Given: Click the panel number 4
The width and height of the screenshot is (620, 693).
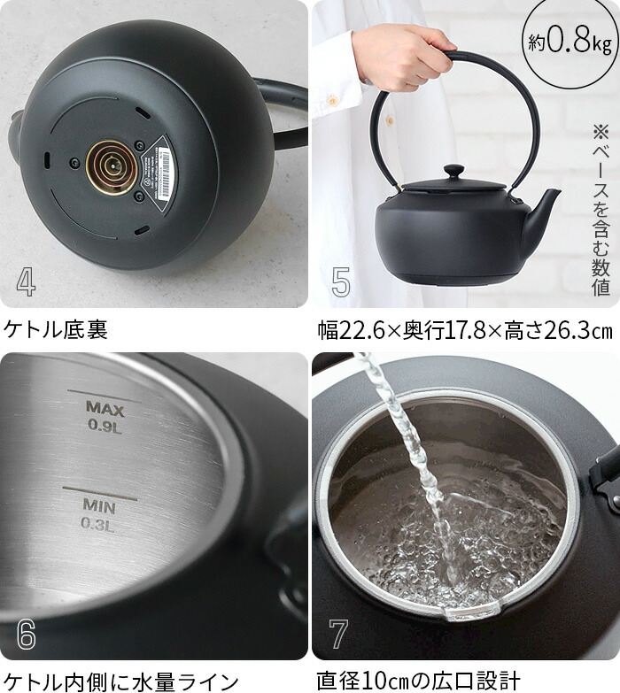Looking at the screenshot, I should coord(26,281).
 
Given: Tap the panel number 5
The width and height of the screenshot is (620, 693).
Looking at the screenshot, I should coord(341,281).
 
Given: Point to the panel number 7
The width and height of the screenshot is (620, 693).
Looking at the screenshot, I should coord(338,634).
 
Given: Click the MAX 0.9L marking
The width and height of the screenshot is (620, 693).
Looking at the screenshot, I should coord(105,413).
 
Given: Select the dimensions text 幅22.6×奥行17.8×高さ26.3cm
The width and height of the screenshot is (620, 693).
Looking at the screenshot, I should coord(464,330).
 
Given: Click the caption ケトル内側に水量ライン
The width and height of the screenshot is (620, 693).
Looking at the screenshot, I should coord(120,680).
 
